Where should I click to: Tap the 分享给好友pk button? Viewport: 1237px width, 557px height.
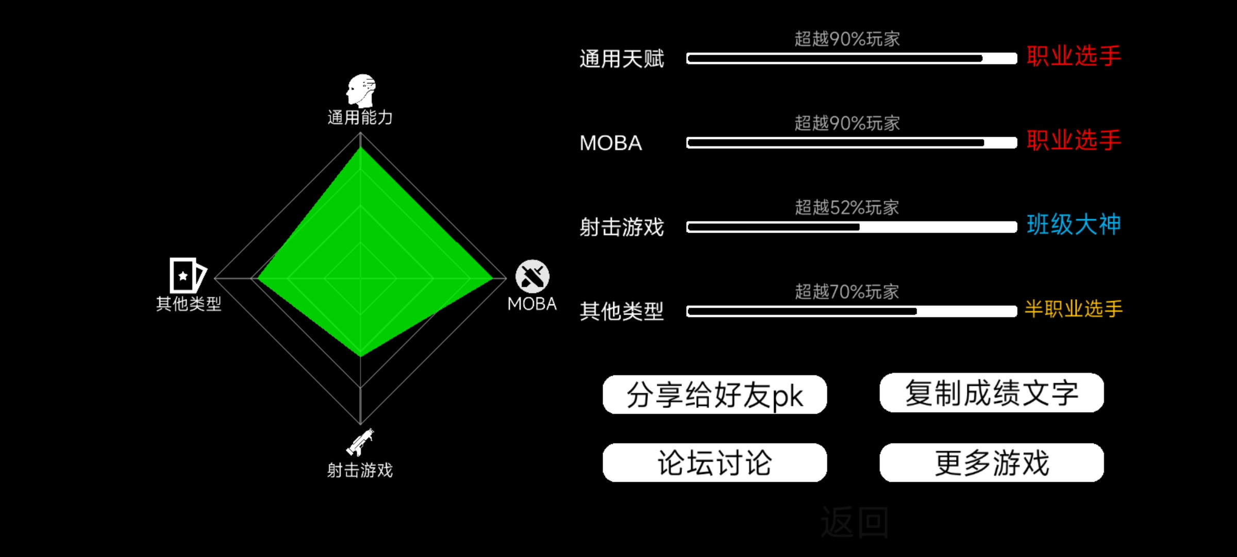point(715,395)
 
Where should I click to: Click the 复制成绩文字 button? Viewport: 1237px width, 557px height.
point(992,392)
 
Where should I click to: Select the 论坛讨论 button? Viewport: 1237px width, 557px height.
point(715,463)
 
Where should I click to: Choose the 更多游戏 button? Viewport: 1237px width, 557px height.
point(992,463)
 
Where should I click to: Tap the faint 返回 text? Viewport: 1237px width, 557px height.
point(855,522)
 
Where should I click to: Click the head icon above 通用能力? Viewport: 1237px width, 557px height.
point(361,91)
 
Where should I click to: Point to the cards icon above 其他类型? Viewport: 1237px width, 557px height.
point(188,275)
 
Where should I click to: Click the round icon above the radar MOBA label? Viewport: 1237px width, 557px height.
point(532,276)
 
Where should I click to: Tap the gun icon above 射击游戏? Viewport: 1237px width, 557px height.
point(360,443)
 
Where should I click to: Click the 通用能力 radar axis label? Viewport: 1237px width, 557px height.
point(360,118)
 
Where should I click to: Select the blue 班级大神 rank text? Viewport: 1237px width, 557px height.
point(1074,225)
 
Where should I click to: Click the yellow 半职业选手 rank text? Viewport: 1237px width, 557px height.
point(1074,309)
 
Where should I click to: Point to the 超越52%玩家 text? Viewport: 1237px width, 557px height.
point(847,207)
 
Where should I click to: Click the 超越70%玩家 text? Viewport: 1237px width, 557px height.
point(847,292)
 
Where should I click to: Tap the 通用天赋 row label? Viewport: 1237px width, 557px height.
point(622,59)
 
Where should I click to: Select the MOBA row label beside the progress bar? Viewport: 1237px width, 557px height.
point(611,143)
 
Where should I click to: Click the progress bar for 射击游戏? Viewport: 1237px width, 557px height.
point(851,227)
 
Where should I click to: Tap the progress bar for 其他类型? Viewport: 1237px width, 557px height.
point(851,311)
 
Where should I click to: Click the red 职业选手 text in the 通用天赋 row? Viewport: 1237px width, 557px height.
point(1074,56)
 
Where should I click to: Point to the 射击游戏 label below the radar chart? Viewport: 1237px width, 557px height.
point(360,470)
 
